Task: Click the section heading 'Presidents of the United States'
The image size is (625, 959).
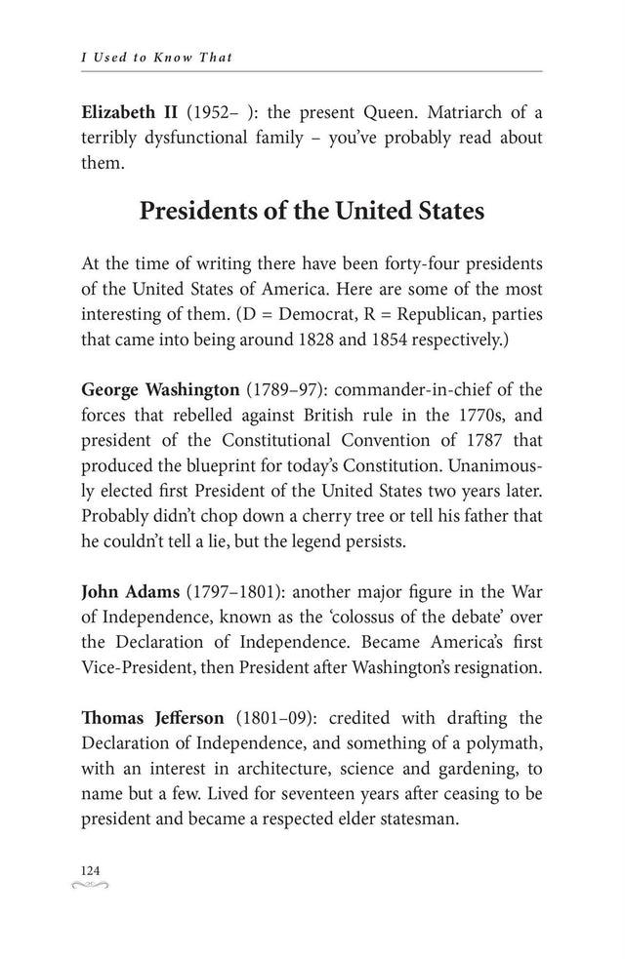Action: pos(312,211)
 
